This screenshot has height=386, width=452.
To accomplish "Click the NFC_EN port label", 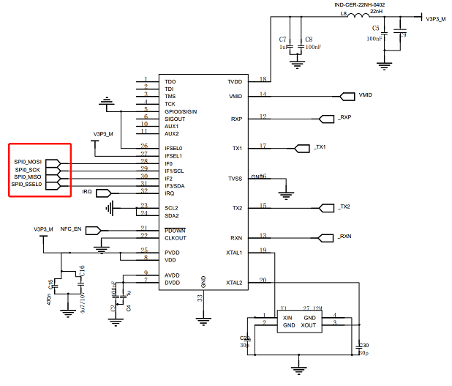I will pos(70,229).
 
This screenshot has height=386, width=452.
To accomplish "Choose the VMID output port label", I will pos(366,96).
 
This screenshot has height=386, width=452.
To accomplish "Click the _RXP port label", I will pos(344,118).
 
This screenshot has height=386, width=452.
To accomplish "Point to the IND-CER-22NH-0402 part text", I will pos(360,5).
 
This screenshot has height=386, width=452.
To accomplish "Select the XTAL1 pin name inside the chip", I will pos(234,253).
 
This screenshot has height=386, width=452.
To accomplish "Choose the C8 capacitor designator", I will pos(309,38).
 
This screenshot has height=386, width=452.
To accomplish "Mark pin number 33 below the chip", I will pos(199,297).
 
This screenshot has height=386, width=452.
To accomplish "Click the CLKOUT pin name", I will pos(175,237).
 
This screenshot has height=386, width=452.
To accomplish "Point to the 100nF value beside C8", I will pos(313,46).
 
